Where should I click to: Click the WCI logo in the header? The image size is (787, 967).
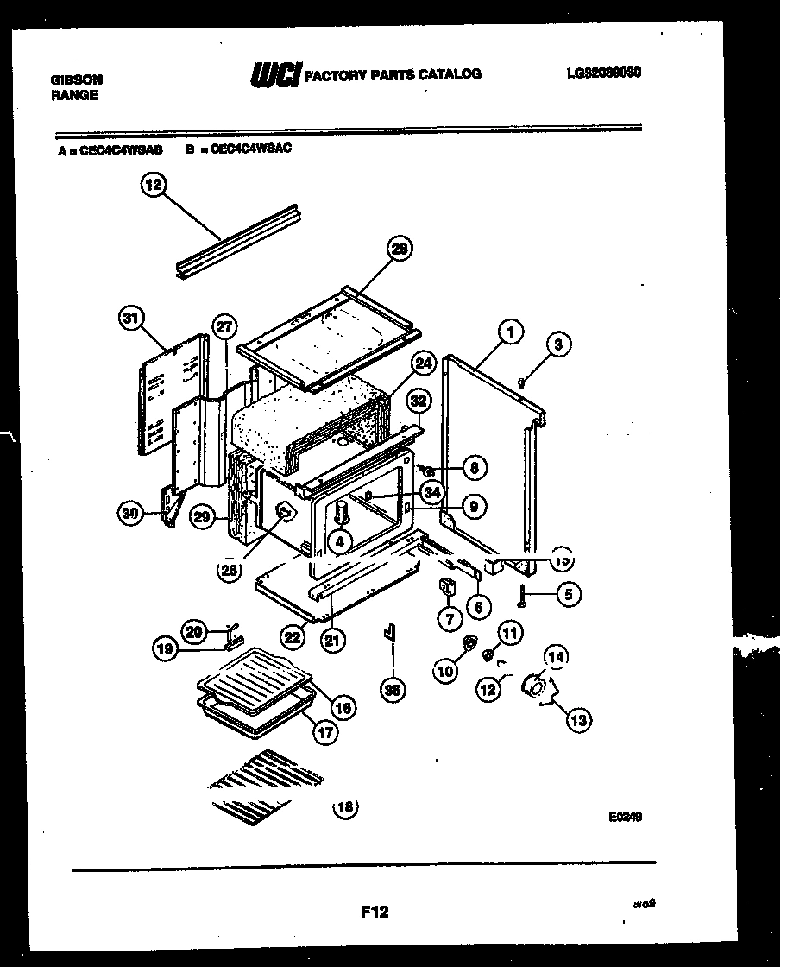(274, 76)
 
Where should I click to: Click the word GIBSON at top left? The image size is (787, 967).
(77, 79)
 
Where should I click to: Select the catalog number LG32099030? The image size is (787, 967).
(603, 73)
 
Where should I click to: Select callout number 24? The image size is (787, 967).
(422, 363)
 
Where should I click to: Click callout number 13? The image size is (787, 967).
(578, 718)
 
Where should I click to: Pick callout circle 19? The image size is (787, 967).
(167, 649)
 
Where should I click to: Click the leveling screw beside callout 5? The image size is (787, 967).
(524, 595)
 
